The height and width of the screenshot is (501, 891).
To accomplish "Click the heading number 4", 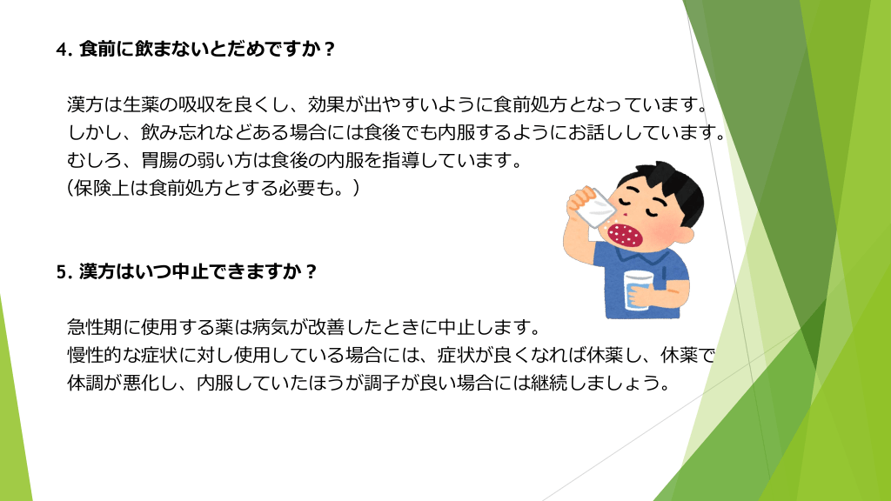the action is (63, 50).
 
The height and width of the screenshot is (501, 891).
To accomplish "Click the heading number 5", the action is (63, 272).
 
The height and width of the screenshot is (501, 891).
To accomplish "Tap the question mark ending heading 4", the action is (328, 50).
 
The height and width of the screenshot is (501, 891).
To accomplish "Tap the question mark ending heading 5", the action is (311, 272).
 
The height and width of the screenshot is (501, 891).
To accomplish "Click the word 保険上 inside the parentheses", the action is (102, 188).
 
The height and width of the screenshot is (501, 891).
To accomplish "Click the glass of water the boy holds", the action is (639, 291).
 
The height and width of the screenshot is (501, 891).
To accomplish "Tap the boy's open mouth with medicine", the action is (625, 235).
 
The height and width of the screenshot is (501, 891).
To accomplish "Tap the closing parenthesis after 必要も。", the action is (356, 188).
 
